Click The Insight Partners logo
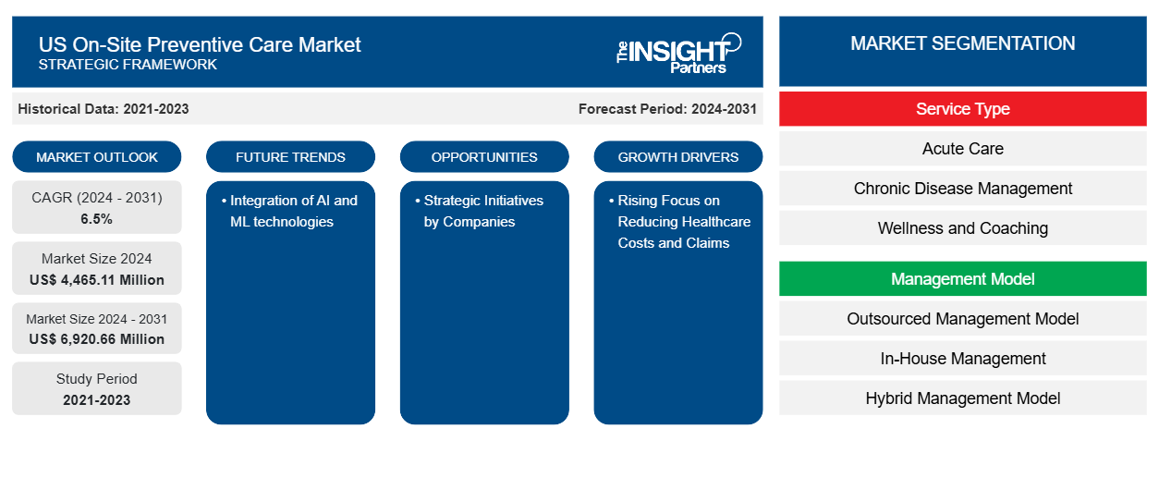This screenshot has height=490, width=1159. click(678, 54)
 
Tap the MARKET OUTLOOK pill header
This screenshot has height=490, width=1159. click(97, 157)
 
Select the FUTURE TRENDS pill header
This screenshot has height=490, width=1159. click(290, 157)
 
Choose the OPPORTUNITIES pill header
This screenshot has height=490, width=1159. click(484, 157)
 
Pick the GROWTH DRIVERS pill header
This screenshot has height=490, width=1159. click(678, 157)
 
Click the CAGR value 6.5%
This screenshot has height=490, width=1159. click(96, 219)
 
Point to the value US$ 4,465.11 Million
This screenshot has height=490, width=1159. click(97, 280)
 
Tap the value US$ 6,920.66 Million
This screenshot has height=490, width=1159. click(97, 339)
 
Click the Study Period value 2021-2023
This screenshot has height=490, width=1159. click(97, 400)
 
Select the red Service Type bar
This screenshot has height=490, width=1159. click(963, 109)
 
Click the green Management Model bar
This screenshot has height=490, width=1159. click(963, 279)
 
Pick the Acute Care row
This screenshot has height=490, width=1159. click(963, 149)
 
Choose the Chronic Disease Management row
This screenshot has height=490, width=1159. click(963, 189)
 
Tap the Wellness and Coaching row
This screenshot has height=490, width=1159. click(963, 228)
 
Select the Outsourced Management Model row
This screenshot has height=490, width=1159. click(963, 319)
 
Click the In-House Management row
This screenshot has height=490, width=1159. click(963, 359)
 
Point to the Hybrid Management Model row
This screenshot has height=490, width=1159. click(963, 398)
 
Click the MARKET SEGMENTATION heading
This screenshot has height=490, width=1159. click(963, 43)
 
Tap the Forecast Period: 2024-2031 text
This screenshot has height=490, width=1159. click(667, 109)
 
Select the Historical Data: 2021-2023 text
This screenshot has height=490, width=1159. click(104, 109)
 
